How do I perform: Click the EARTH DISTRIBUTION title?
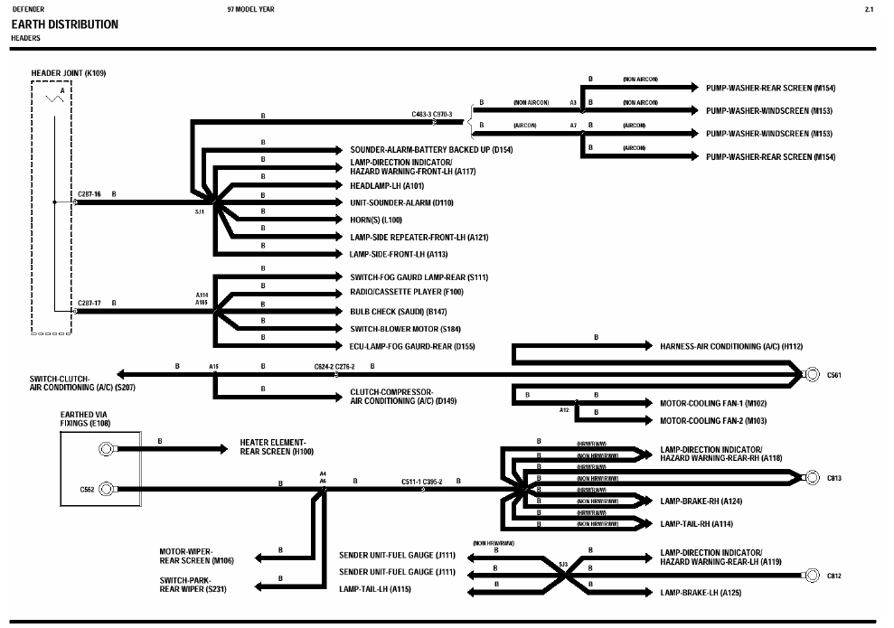pyautogui.click(x=64, y=24)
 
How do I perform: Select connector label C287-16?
pyautogui.click(x=89, y=194)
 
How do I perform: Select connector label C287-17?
pyautogui.click(x=89, y=303)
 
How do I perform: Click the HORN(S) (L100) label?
pyautogui.click(x=376, y=220)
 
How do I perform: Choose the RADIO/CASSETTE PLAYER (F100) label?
pyautogui.click(x=407, y=292)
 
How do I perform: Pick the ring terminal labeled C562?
pyautogui.click(x=107, y=490)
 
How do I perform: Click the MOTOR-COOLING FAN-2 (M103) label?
pyautogui.click(x=713, y=421)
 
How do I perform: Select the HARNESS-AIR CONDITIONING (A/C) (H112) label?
pyautogui.click(x=731, y=346)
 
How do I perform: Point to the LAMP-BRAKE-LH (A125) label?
pyautogui.click(x=701, y=593)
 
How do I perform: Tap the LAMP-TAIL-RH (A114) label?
pyautogui.click(x=696, y=524)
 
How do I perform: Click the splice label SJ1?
pyautogui.click(x=200, y=211)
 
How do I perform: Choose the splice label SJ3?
pyautogui.click(x=563, y=565)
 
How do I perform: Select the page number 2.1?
pyautogui.click(x=869, y=9)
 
